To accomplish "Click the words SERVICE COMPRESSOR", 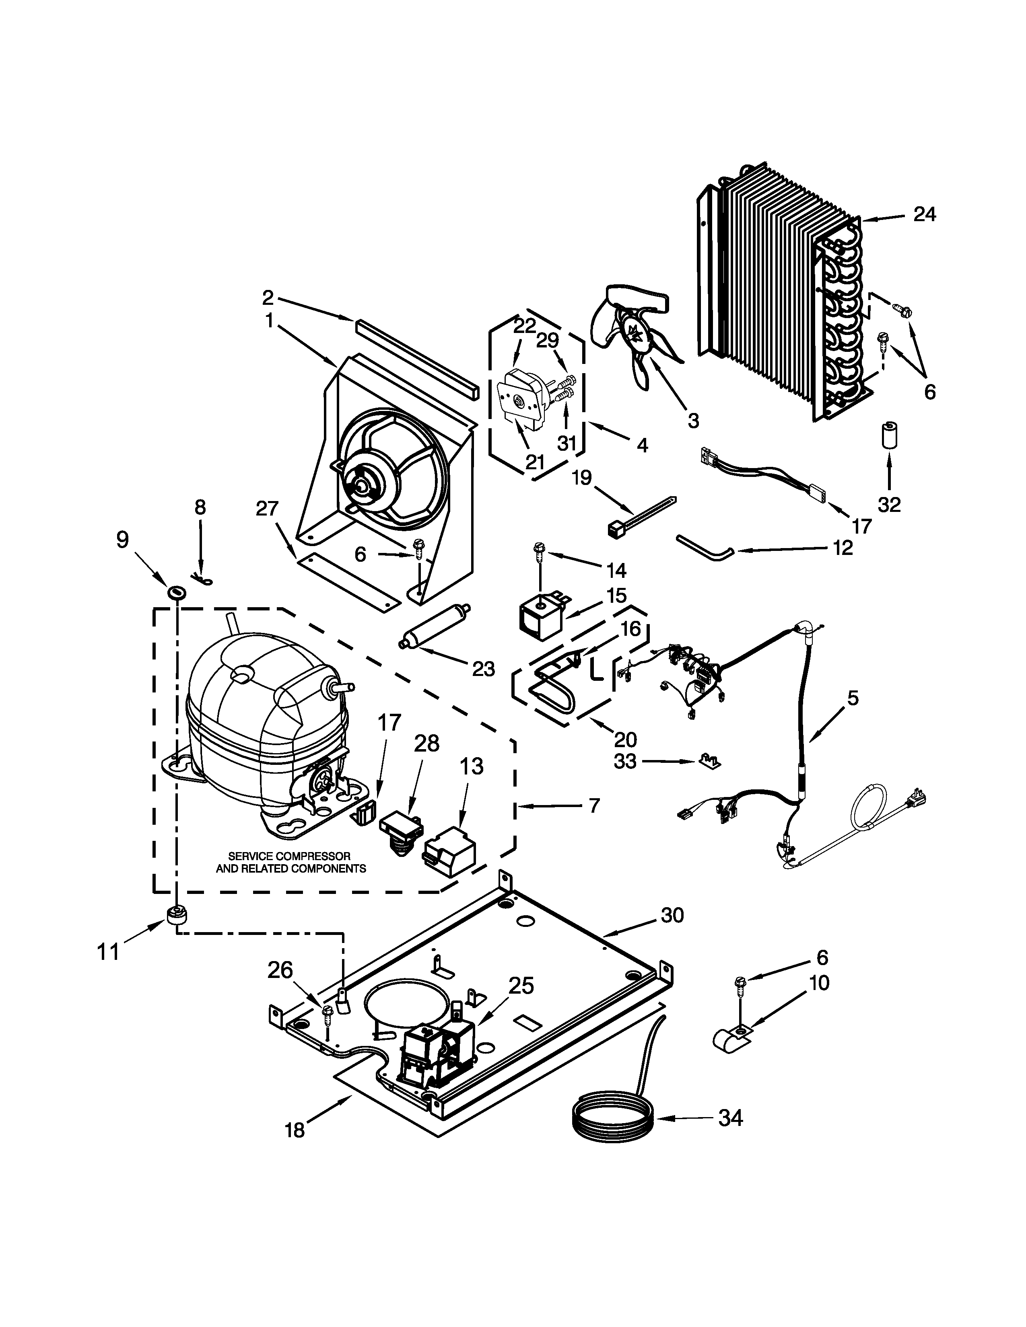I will coord(289,856).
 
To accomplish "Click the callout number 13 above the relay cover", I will coord(471,767).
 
